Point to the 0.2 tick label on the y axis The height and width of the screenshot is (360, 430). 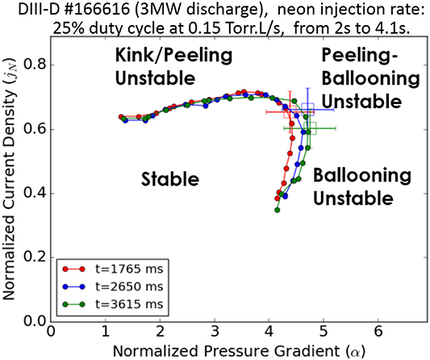(35, 257)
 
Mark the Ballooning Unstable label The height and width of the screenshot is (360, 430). (354, 186)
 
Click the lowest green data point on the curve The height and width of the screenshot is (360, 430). (277, 210)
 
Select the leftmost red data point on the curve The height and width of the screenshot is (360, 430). (120, 117)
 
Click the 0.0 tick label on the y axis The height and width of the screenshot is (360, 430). (35, 321)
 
